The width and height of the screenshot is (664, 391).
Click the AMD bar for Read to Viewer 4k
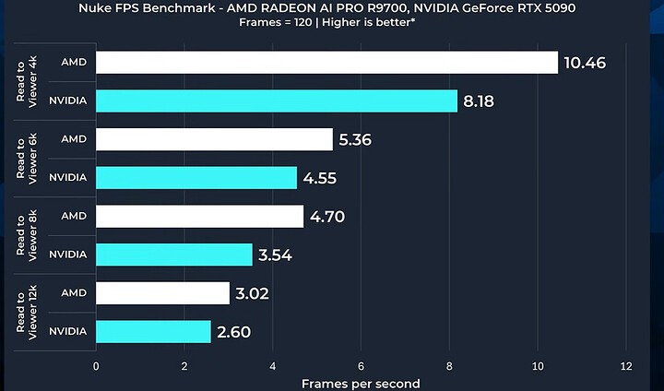click(x=326, y=62)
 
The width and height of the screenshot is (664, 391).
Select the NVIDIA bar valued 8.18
click(x=277, y=101)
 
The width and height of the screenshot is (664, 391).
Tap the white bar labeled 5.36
click(x=214, y=139)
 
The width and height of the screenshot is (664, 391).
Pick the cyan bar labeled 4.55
click(x=196, y=177)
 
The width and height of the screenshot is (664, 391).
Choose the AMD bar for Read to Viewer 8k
click(x=199, y=216)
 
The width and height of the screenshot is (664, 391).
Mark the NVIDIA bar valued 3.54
click(x=174, y=255)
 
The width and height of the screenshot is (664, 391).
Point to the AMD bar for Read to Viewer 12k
click(x=162, y=293)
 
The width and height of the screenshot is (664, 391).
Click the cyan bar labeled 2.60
click(x=153, y=331)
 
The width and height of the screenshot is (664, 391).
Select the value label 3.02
click(x=258, y=293)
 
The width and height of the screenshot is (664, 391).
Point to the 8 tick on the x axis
click(x=449, y=365)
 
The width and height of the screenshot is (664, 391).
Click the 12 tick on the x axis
click(x=626, y=365)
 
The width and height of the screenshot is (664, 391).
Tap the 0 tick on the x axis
click(x=96, y=365)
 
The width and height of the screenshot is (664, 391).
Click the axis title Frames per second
click(x=361, y=383)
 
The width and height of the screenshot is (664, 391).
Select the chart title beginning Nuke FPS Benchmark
click(x=332, y=10)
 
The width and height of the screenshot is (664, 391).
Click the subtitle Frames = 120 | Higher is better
click(x=332, y=26)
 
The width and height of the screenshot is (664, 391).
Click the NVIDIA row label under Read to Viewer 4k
click(x=67, y=101)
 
